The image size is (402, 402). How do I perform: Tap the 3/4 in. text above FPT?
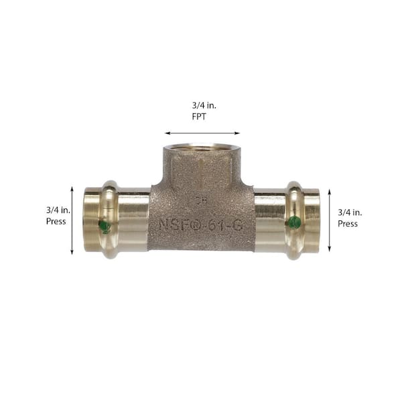(x=202, y=105)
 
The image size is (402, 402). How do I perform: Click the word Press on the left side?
(x=56, y=221)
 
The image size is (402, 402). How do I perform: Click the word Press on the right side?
(x=348, y=224)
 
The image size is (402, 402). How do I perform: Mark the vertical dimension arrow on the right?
(x=329, y=221)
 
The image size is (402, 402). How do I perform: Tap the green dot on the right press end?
(x=292, y=222)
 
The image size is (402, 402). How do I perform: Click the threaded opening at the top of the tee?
(x=200, y=145)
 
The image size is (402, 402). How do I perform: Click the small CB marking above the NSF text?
(x=200, y=199)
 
